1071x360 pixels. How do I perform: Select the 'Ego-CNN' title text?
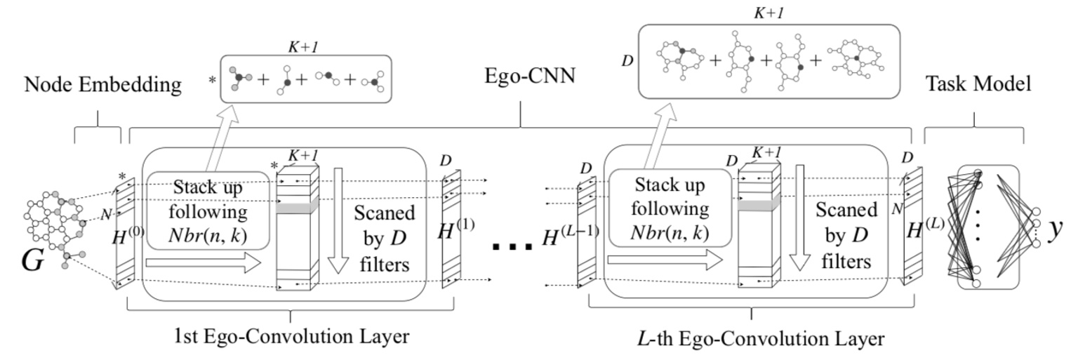click(x=519, y=76)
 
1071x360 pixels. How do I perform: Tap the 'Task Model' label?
click(x=973, y=85)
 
